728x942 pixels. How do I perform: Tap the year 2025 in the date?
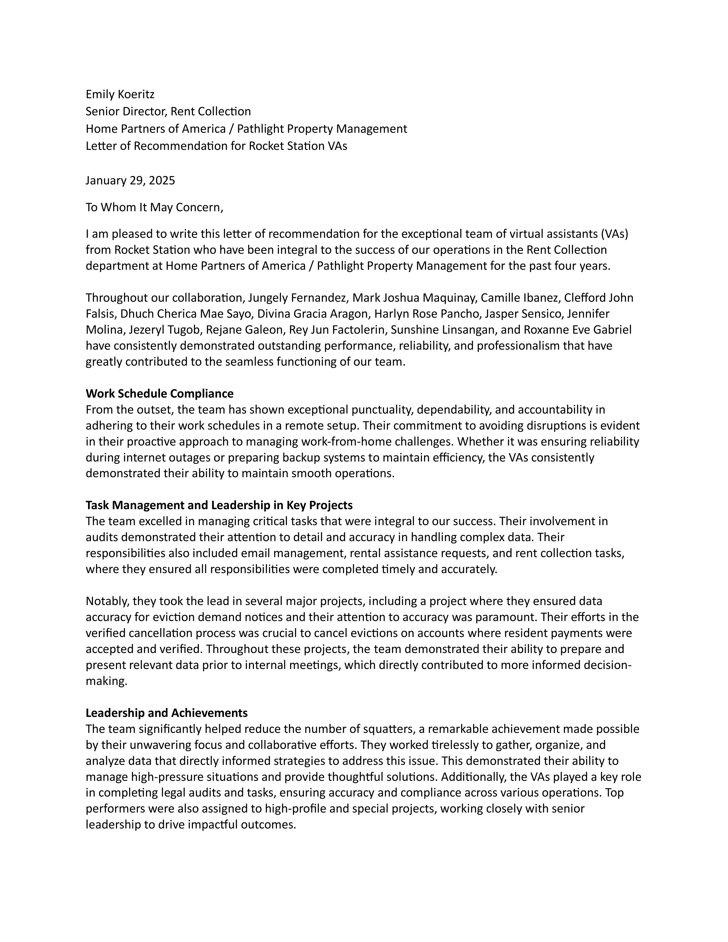162,180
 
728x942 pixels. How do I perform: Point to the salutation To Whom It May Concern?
154,208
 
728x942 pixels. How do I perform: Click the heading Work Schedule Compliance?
160,393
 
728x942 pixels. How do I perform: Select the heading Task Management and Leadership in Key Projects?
219,505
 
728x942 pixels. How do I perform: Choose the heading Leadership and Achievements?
167,712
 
